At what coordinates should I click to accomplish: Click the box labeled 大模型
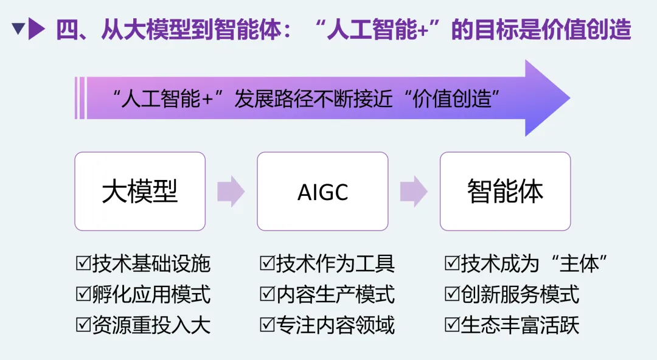[140, 192]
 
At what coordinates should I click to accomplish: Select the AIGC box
[322, 192]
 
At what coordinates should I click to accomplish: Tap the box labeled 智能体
[505, 192]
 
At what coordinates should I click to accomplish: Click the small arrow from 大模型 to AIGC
[231, 191]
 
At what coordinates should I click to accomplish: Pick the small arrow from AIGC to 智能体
[414, 191]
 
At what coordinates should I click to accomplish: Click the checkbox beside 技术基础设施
[83, 263]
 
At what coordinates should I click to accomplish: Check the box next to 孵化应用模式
[83, 294]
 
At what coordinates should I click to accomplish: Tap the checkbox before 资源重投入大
[83, 325]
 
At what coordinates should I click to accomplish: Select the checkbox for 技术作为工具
[267, 263]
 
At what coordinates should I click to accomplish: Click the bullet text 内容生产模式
[335, 294]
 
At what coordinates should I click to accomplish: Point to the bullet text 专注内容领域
[335, 325]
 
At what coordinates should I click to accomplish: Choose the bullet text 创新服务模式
[520, 294]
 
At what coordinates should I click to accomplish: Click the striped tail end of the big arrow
[80, 98]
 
